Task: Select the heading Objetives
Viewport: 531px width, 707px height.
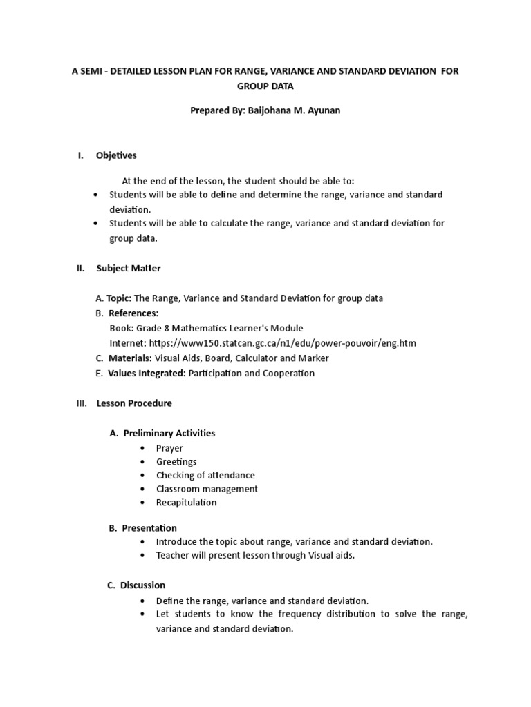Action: tap(116, 155)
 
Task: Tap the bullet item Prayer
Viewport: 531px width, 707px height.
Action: tap(169, 448)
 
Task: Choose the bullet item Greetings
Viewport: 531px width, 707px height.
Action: tap(176, 461)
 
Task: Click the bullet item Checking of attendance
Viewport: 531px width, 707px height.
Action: tap(205, 475)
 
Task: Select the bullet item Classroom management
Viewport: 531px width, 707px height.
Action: tap(207, 489)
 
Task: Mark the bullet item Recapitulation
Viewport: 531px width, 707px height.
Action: tap(186, 502)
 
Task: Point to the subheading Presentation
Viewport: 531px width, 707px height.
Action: tap(149, 528)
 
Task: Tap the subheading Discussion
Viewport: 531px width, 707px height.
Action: tap(142, 585)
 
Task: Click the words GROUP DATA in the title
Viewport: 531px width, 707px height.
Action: tap(265, 88)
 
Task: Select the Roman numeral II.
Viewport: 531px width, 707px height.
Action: tap(80, 268)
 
